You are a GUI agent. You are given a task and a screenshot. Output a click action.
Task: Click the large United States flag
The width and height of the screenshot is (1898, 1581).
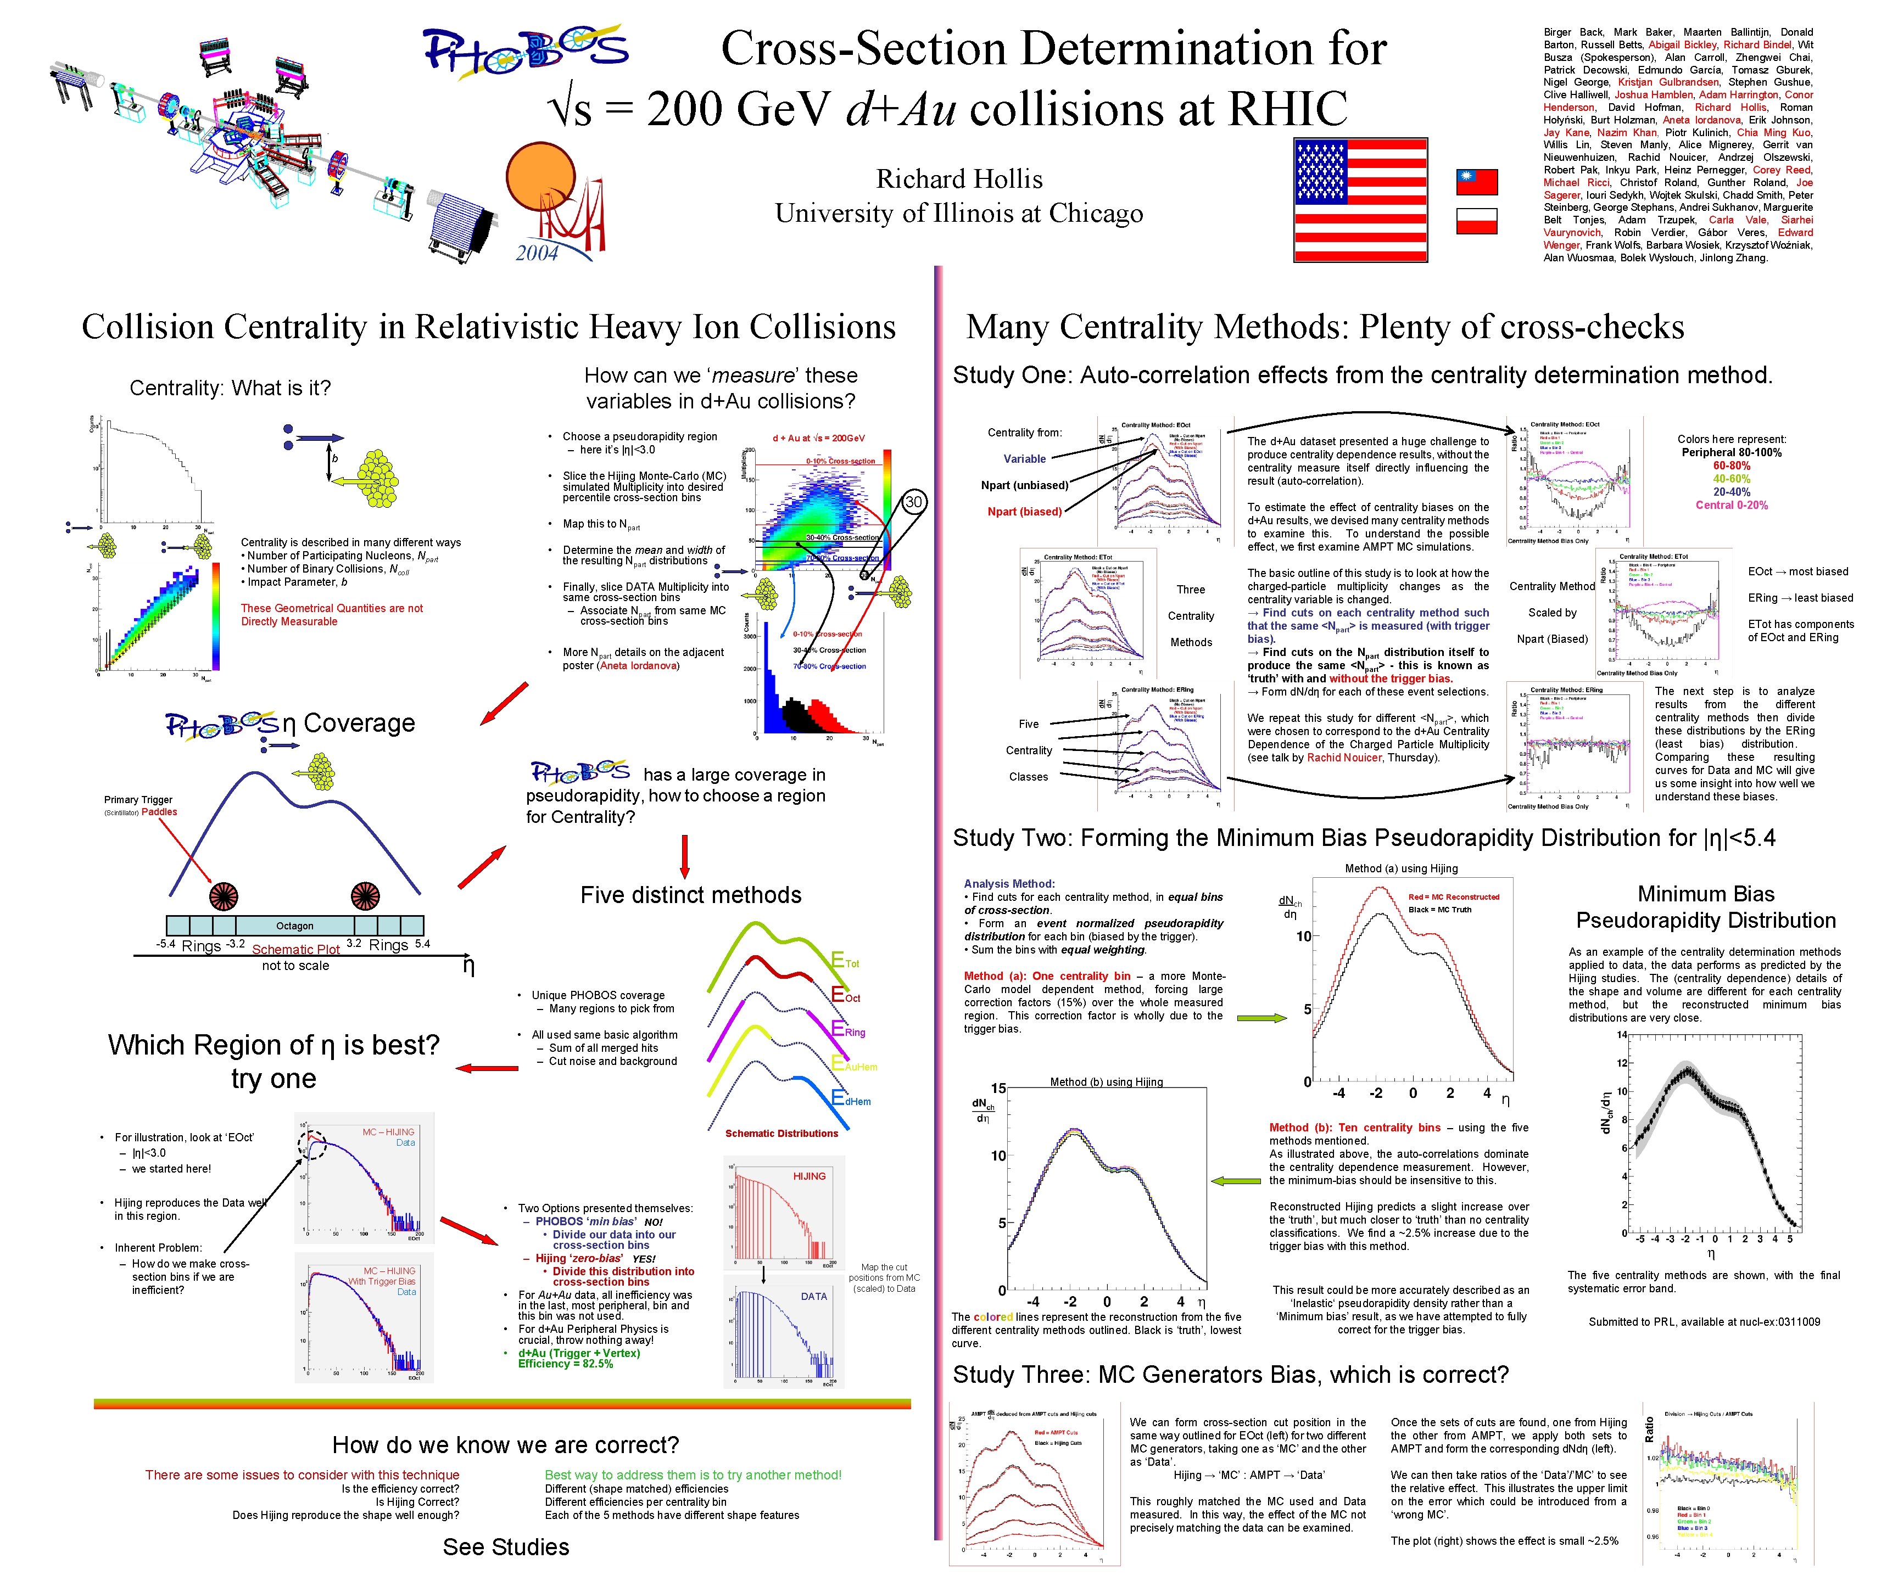point(1360,200)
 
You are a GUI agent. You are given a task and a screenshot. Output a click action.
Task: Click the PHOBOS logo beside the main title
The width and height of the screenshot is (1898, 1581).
point(526,52)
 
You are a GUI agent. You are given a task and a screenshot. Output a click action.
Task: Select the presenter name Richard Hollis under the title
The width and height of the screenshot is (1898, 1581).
point(959,179)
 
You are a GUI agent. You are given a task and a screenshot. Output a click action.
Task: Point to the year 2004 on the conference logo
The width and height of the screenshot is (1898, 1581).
point(537,254)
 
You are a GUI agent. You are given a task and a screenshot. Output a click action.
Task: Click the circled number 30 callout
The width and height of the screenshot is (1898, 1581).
point(914,502)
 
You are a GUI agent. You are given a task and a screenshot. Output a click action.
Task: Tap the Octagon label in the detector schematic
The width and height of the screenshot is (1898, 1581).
point(295,926)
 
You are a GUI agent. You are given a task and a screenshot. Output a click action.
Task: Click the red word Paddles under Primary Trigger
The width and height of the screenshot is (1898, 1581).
point(159,812)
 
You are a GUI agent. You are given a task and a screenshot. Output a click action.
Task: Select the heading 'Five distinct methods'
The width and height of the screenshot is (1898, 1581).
point(690,895)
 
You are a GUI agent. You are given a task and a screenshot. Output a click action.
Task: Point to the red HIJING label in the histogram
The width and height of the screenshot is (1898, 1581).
point(809,1176)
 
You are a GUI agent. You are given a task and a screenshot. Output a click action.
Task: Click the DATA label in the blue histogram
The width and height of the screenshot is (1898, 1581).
point(813,1297)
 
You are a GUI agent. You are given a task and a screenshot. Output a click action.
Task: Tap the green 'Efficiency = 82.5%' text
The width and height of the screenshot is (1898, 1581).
point(565,1364)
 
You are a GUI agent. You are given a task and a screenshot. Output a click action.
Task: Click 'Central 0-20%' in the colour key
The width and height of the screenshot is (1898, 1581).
point(1731,505)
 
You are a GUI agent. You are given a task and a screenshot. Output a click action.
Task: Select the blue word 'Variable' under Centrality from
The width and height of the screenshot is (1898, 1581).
point(1024,459)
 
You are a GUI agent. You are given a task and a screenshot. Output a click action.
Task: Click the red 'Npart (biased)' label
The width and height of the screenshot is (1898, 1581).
point(1024,511)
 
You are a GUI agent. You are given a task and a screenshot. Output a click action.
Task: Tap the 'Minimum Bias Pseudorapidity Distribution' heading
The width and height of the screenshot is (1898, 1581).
point(1705,907)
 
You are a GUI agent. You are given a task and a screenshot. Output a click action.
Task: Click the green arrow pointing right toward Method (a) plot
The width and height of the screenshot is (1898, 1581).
point(1261,1018)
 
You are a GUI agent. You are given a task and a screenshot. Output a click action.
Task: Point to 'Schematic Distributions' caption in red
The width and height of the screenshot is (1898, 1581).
point(781,1133)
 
